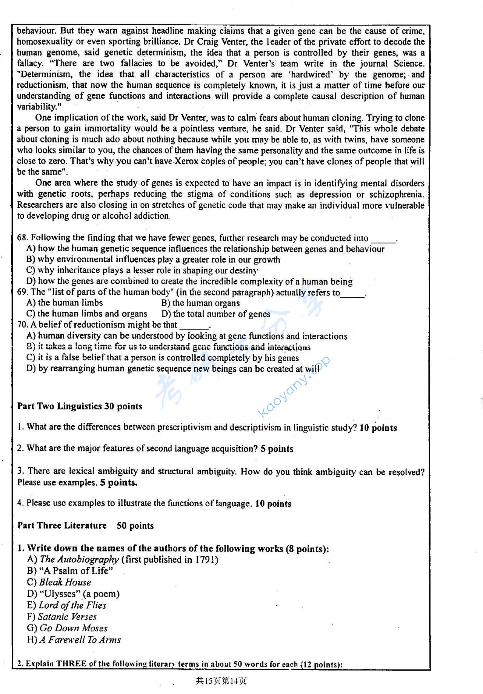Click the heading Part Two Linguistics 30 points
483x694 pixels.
(x=80, y=406)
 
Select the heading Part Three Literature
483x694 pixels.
(x=62, y=526)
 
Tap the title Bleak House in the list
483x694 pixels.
(x=65, y=582)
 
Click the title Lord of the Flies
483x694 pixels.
(x=72, y=605)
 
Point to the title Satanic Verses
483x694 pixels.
(x=67, y=617)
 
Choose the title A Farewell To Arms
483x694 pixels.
(x=80, y=640)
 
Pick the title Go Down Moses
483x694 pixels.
(x=74, y=628)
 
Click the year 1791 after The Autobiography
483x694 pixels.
(x=206, y=560)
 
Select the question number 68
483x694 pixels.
(x=22, y=238)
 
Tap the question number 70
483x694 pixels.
(x=22, y=325)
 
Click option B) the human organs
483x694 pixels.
(x=200, y=303)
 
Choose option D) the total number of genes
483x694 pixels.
(x=216, y=314)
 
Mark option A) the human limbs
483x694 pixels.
(x=65, y=303)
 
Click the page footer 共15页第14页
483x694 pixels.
(x=221, y=681)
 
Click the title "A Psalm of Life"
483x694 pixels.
(x=75, y=571)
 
